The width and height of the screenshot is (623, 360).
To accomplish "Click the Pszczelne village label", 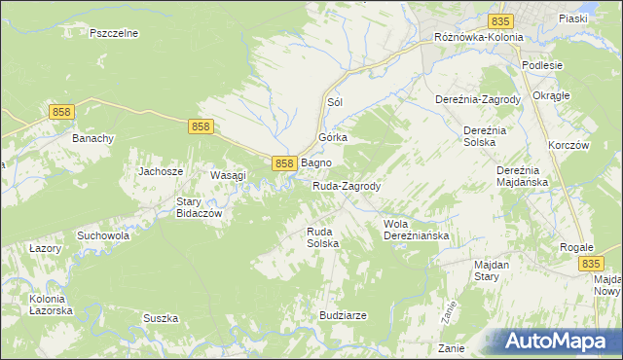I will (114, 33).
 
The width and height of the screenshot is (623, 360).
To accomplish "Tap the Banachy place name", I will (93, 138).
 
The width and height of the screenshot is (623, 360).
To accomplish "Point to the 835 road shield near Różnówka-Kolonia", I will (501, 20).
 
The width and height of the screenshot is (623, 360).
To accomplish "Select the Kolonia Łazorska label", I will (47, 303).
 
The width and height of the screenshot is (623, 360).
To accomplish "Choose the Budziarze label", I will (343, 315).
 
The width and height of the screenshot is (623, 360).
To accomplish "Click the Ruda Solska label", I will (322, 237).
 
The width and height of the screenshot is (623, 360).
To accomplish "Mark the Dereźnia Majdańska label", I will (524, 175).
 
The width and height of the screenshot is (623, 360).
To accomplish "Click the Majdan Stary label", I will (499, 270).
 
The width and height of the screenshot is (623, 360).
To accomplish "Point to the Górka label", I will (333, 138).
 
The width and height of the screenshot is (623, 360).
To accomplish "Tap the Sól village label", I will (336, 102).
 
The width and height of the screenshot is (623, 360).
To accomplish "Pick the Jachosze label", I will (161, 171).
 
